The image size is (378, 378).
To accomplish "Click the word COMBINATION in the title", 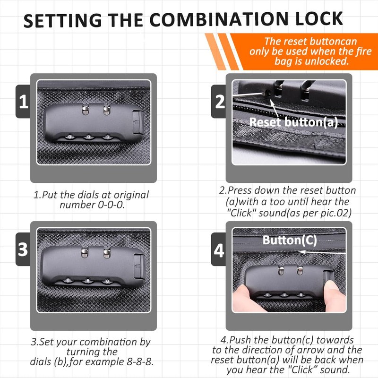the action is pyautogui.click(x=219, y=19).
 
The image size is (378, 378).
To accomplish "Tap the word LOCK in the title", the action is pyautogui.click(x=319, y=18).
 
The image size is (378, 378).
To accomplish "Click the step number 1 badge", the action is pyautogui.click(x=23, y=101).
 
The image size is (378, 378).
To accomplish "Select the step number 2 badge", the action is pyautogui.click(x=219, y=101).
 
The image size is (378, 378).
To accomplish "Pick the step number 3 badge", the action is pyautogui.click(x=23, y=249).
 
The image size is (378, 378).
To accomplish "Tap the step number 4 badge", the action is pyautogui.click(x=219, y=250).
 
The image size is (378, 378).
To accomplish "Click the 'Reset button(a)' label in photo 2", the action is pyautogui.click(x=293, y=122).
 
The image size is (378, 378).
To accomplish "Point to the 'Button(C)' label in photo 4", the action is pyautogui.click(x=290, y=240).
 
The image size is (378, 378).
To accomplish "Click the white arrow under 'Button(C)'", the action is pyautogui.click(x=322, y=252).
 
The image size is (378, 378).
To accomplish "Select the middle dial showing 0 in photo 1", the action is pyautogui.click(x=88, y=137).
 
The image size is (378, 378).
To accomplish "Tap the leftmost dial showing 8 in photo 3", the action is pyautogui.click(x=68, y=280).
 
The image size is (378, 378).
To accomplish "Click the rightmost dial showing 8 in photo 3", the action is pyautogui.click(x=107, y=281).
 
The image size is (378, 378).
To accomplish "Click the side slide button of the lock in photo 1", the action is pyautogui.click(x=137, y=122).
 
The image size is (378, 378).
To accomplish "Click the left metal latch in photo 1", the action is pyautogui.click(x=86, y=110).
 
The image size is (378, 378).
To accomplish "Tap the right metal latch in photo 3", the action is pyautogui.click(x=107, y=254).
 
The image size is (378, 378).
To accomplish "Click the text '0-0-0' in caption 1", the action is pyautogui.click(x=112, y=205).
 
